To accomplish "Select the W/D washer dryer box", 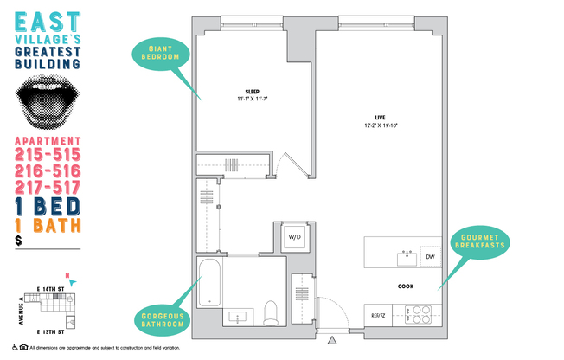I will pos(294,236).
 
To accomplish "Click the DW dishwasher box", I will pos(429,257).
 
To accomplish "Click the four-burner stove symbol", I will pos(420,313).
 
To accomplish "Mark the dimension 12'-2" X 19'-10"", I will pos(380,125).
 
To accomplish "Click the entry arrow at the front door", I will pos(330,339).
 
